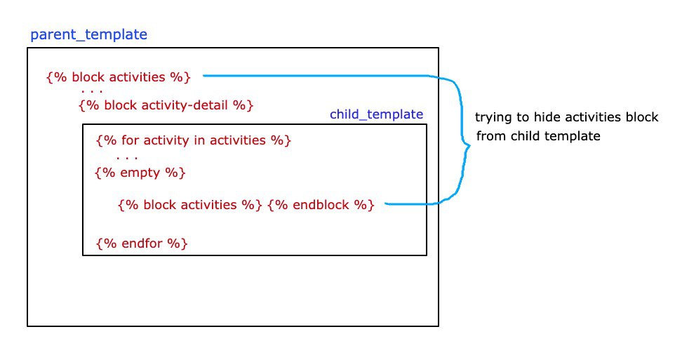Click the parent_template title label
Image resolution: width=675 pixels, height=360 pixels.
click(x=88, y=34)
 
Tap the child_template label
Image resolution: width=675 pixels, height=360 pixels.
click(x=376, y=114)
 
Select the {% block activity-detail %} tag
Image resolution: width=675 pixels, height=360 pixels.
click(x=166, y=105)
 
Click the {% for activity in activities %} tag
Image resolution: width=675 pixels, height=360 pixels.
click(x=193, y=140)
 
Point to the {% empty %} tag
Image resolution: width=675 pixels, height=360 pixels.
click(x=140, y=173)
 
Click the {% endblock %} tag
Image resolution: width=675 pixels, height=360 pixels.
click(x=321, y=204)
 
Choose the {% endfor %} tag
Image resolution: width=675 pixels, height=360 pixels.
click(x=142, y=244)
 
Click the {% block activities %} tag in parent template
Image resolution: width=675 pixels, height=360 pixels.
click(x=119, y=77)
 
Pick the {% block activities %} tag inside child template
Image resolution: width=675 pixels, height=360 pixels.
click(x=190, y=204)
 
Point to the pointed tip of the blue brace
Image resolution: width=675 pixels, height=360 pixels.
click(x=469, y=146)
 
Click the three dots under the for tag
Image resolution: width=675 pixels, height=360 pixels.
click(x=127, y=158)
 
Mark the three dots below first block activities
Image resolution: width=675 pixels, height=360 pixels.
click(x=92, y=91)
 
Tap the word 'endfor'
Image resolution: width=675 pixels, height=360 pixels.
click(x=142, y=244)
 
